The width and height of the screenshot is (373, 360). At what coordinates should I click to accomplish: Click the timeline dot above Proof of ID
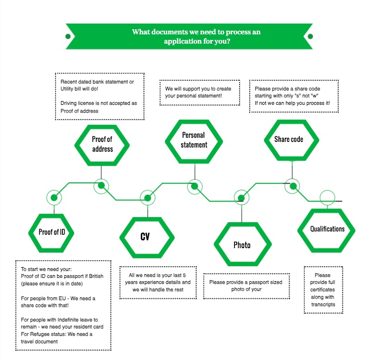point(54,198)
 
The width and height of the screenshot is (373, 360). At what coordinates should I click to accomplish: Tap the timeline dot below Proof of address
point(101,186)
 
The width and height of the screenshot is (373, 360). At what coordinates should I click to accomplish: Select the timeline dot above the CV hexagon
point(148,198)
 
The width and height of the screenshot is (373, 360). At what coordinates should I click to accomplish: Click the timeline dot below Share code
point(292,186)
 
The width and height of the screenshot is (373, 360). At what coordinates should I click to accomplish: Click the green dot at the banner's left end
point(68,37)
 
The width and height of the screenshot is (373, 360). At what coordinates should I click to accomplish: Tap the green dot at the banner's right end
point(310,37)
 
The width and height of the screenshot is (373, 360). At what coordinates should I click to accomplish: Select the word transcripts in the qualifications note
point(323,304)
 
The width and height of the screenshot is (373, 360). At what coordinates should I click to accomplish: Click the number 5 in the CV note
point(184,275)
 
